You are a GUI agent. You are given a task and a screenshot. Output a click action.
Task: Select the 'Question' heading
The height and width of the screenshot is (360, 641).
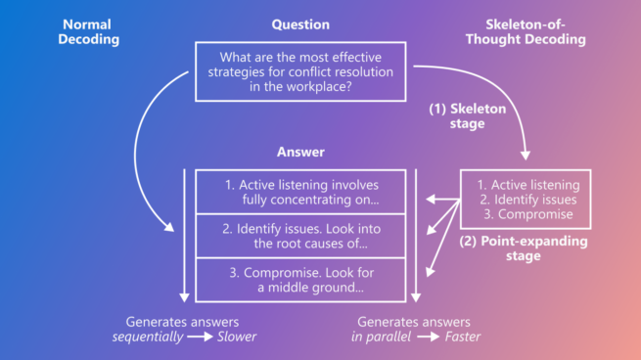[x=299, y=24]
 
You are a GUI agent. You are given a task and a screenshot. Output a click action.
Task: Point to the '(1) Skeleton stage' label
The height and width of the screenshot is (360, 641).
[x=468, y=116]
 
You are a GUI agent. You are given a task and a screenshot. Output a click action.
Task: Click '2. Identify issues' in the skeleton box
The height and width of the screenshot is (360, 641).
[x=527, y=200]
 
